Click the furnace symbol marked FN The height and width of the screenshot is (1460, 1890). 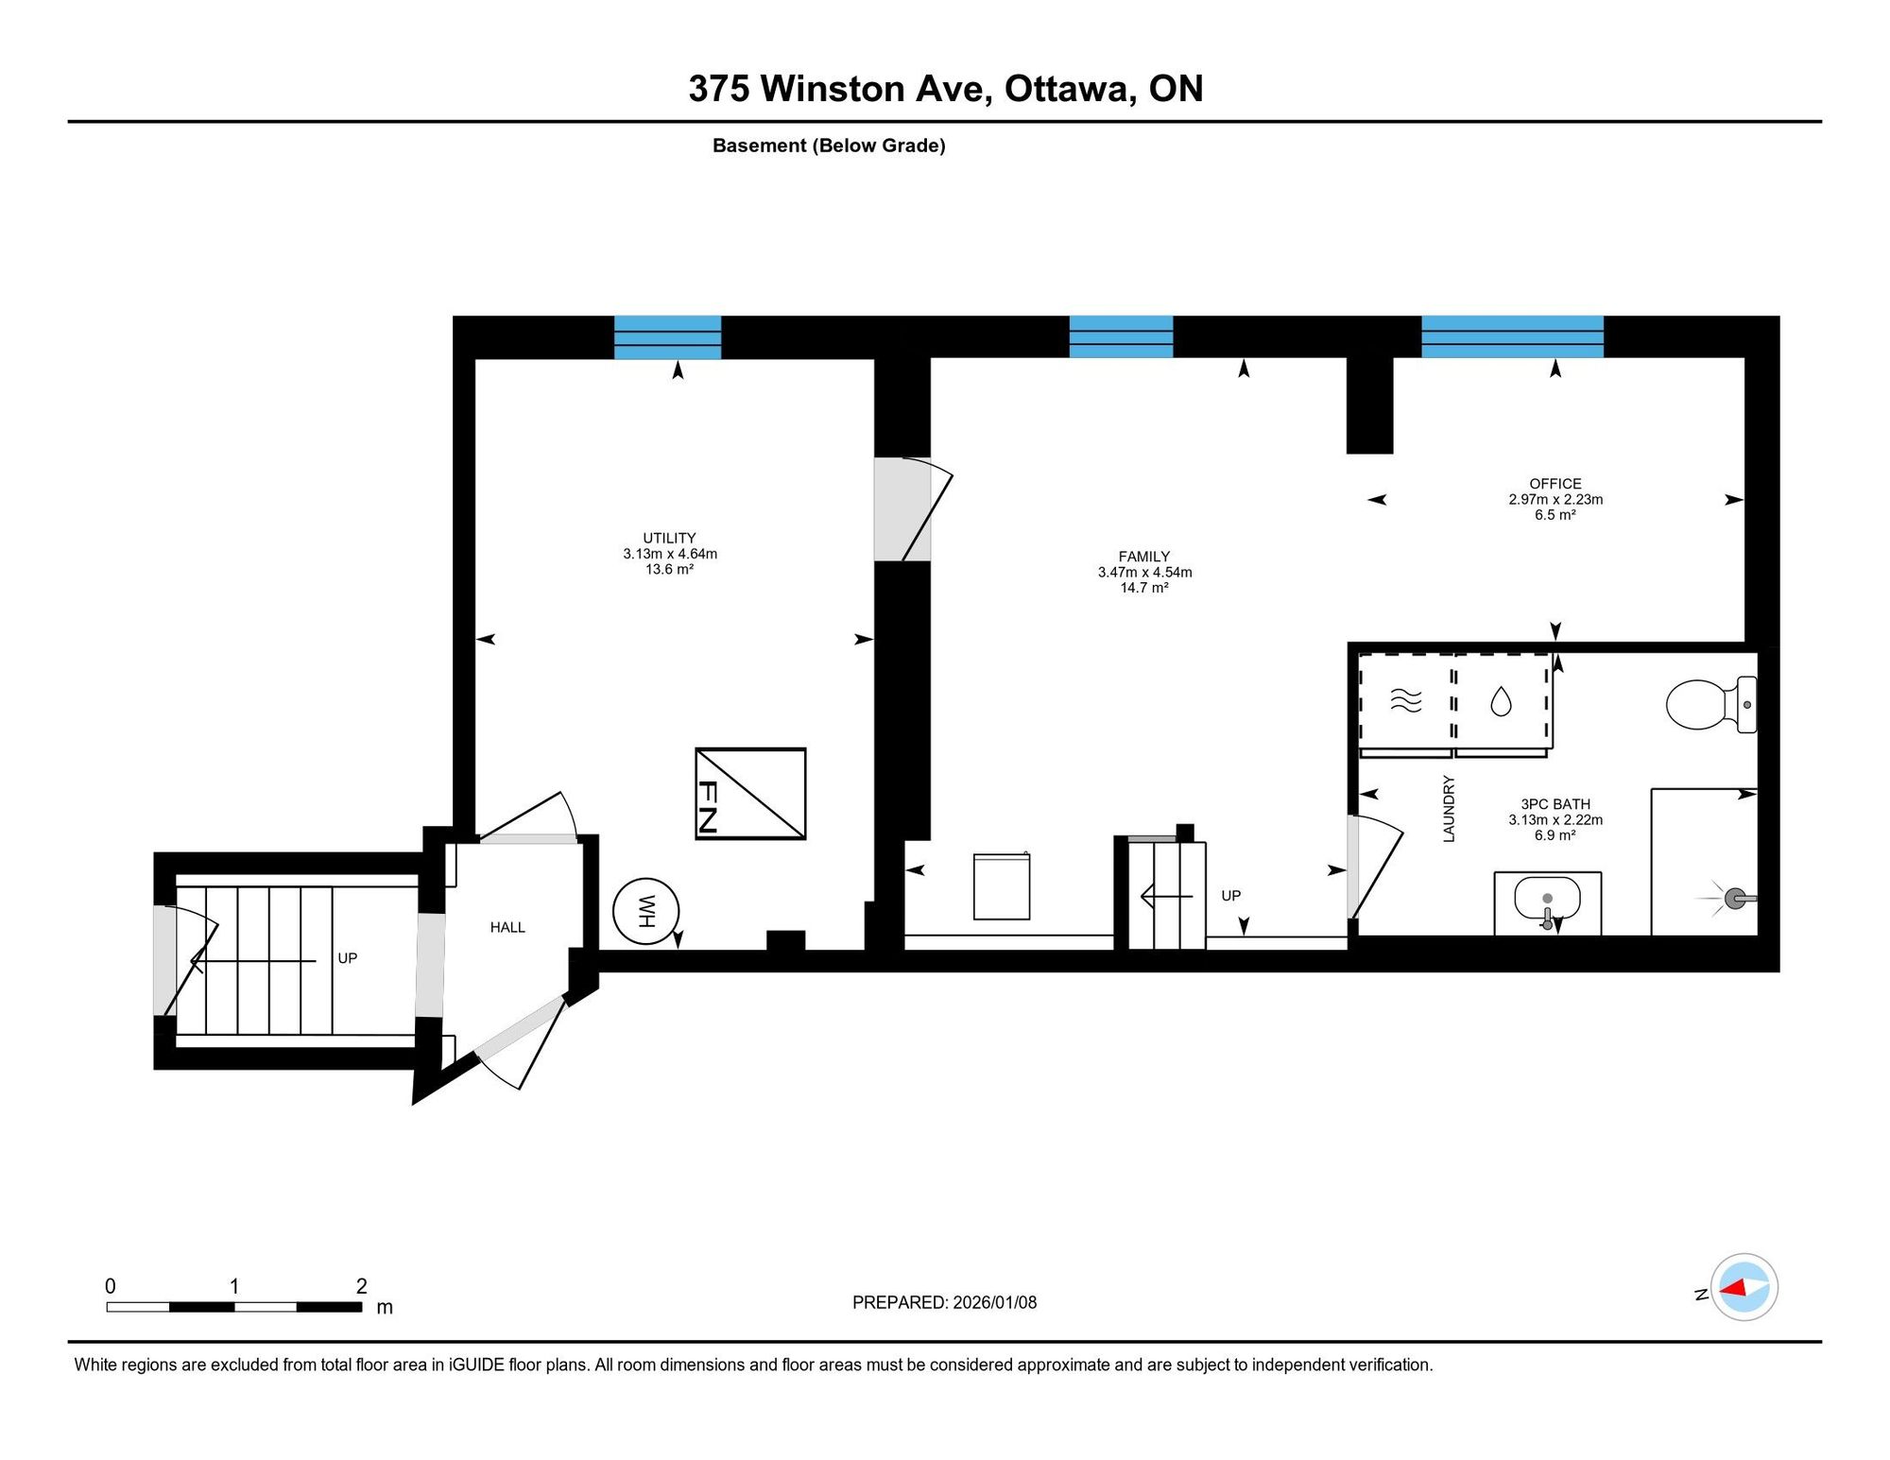(x=750, y=794)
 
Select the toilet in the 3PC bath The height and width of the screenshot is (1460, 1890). (x=1711, y=705)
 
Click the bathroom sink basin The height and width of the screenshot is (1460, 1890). (x=1547, y=899)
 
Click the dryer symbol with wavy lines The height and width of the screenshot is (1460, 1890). (x=1406, y=700)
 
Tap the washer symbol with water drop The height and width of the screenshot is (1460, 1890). (x=1501, y=701)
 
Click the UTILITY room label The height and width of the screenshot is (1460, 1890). (x=669, y=538)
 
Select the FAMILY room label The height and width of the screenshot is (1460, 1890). (x=1144, y=557)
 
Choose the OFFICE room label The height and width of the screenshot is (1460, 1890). (x=1555, y=484)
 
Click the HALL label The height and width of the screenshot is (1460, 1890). (x=507, y=928)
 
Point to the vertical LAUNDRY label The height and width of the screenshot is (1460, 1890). (x=1449, y=809)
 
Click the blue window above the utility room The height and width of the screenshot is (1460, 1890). (x=668, y=337)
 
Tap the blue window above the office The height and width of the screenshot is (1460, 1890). (x=1513, y=336)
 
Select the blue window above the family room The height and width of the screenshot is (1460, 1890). (x=1121, y=336)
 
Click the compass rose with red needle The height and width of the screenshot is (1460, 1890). (x=1744, y=1287)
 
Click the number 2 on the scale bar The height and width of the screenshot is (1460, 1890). (x=362, y=1286)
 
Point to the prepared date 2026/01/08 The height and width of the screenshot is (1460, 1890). (x=995, y=1302)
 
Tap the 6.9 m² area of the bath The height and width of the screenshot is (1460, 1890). (x=1555, y=835)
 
